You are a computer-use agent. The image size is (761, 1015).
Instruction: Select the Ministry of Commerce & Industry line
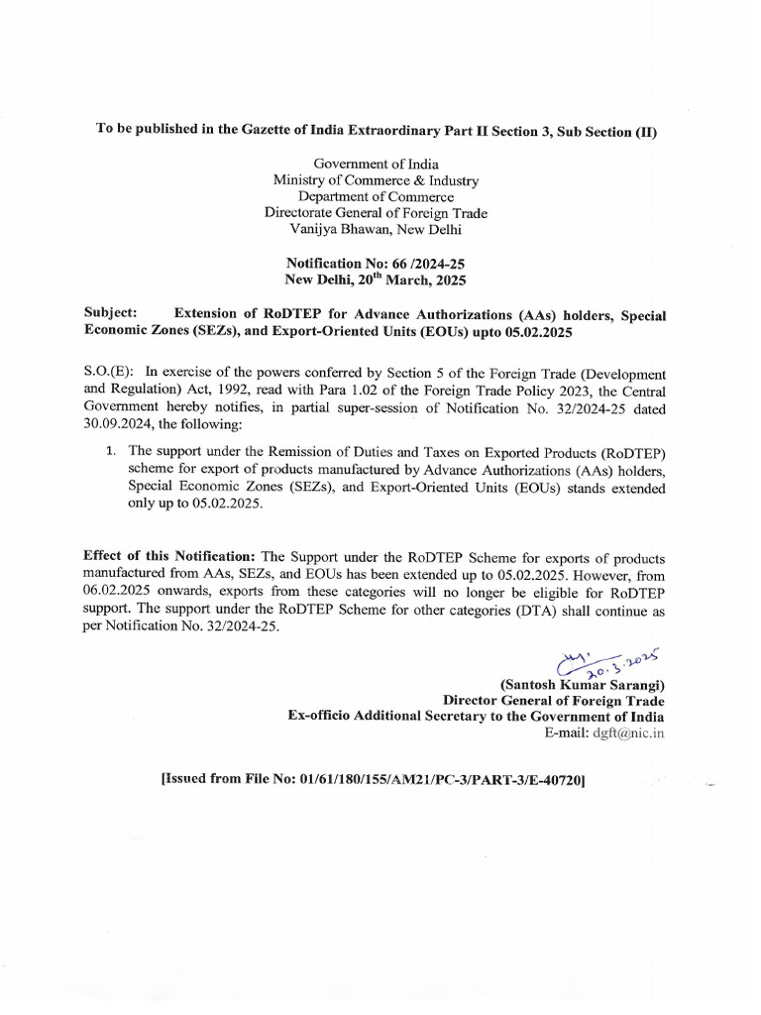click(376, 180)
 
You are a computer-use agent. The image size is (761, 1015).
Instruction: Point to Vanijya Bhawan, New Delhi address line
click(376, 229)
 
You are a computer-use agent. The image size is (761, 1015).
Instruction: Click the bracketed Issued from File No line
click(374, 780)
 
